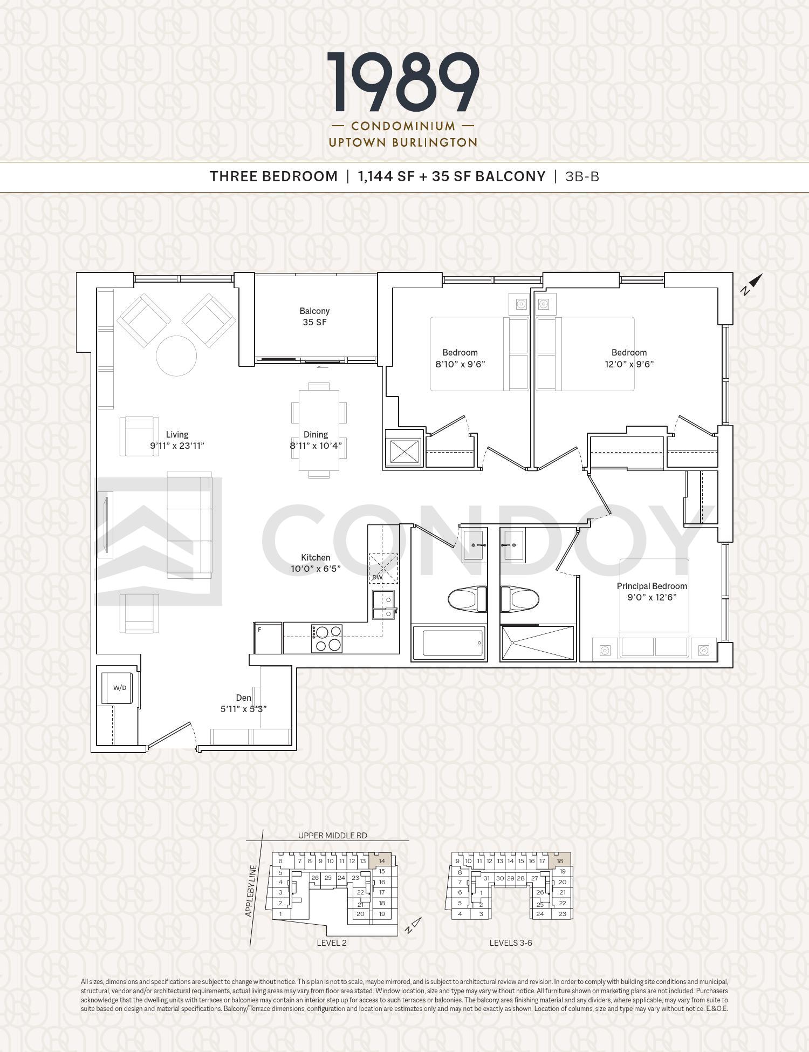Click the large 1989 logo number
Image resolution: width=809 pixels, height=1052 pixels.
coord(403,83)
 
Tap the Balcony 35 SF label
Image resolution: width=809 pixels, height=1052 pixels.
coord(314,317)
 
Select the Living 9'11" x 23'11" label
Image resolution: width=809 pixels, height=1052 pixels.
coord(177,440)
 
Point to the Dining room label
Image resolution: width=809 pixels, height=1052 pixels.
coord(316,440)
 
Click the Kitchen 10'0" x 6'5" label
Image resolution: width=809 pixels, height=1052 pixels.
coord(316,563)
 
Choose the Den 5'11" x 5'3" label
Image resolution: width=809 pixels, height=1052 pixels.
coord(243,703)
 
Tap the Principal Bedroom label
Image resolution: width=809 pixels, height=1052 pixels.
coord(652,591)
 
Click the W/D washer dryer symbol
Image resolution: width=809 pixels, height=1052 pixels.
coord(118,688)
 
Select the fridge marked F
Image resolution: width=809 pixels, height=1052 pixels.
coord(268,638)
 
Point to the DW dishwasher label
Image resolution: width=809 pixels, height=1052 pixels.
coord(377,577)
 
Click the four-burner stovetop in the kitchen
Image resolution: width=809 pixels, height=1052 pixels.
coord(326,638)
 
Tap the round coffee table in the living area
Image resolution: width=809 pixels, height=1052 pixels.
coord(176,356)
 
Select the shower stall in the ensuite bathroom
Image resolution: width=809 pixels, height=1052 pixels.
coord(538,643)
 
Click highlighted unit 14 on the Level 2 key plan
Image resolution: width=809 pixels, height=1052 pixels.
coord(381,860)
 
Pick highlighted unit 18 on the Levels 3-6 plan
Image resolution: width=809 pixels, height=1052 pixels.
coord(560,860)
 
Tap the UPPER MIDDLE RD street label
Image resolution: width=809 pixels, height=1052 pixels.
coord(332,836)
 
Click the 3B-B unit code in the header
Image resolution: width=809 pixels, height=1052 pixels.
coord(582,176)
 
